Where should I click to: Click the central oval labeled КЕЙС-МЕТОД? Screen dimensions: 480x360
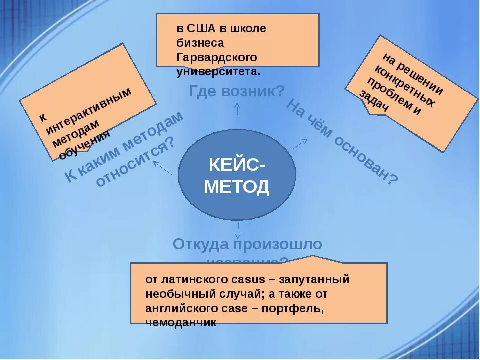tap(237, 175)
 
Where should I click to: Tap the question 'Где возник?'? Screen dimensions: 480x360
tap(237, 91)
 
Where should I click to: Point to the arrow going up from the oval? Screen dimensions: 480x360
tap(237, 113)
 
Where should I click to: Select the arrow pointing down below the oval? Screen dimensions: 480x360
tap(238, 231)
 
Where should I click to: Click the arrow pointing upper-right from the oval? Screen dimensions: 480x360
tap(299, 144)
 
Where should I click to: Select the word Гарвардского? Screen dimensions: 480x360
tap(217, 57)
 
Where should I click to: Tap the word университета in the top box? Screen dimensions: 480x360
tap(218, 71)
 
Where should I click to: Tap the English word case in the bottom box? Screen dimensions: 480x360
tap(237, 308)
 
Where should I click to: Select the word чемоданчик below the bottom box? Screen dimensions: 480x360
tap(180, 323)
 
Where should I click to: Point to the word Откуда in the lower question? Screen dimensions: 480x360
tap(196, 245)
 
